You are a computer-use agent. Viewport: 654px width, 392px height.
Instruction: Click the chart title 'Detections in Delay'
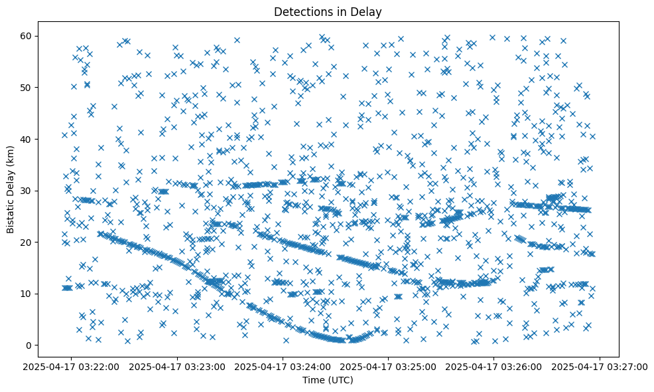pyautogui.click(x=328, y=12)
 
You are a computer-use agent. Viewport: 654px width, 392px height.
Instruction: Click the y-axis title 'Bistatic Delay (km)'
pyautogui.click(x=11, y=190)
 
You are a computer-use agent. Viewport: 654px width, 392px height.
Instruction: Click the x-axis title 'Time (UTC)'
pyautogui.click(x=328, y=381)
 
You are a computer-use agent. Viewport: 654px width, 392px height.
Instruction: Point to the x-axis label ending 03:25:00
pyautogui.click(x=389, y=366)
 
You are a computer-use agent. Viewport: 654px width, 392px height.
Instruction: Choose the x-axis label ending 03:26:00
pyautogui.click(x=495, y=366)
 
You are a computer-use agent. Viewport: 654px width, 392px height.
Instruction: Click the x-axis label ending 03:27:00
pyautogui.click(x=600, y=366)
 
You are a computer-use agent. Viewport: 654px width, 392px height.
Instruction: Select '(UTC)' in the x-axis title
pyautogui.click(x=340, y=381)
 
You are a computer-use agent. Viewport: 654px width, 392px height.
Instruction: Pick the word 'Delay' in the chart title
pyautogui.click(x=369, y=12)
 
